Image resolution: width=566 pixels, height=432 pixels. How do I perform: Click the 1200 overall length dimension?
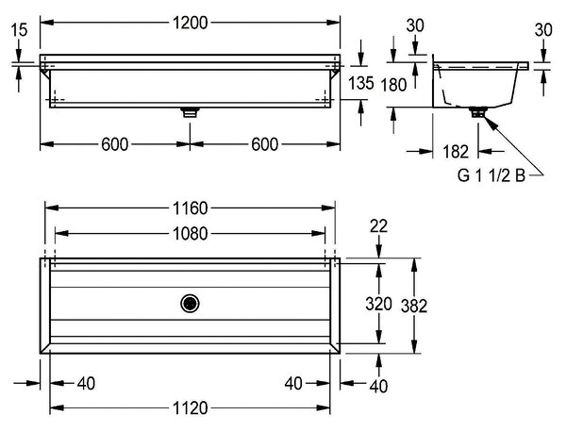coord(191,23)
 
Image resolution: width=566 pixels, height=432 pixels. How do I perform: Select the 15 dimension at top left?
coord(19,29)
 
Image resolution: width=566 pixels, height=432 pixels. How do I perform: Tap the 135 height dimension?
coord(360,83)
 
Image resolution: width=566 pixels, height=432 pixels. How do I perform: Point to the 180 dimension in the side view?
coord(393,85)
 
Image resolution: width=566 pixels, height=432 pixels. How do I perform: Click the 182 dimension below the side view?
coord(456,152)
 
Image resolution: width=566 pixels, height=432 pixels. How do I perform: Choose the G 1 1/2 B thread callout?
coord(491,175)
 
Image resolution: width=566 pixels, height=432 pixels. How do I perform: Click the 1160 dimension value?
coord(191,208)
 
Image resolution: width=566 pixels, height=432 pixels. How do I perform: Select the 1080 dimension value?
coord(191,234)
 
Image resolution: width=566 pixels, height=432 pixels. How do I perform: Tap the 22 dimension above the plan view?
coord(378,226)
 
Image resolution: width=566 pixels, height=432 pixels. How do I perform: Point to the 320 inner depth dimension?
coord(378,304)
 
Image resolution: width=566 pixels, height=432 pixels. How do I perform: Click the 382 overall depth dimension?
coord(414,306)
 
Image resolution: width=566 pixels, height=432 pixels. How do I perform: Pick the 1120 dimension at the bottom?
coord(191,408)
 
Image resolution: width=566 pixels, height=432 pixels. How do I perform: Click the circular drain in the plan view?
coord(190,304)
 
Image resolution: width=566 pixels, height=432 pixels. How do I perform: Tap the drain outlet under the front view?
coord(191,112)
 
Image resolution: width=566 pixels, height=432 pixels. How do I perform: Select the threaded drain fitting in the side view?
coord(478,111)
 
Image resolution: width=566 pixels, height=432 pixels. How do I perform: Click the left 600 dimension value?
coord(115,144)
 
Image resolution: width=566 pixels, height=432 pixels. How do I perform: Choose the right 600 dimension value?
coord(264,144)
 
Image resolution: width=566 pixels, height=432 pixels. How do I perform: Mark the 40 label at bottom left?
coord(86,383)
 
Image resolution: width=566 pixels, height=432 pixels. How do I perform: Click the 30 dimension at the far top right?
coord(543,30)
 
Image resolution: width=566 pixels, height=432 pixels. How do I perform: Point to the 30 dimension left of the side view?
coord(415,25)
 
